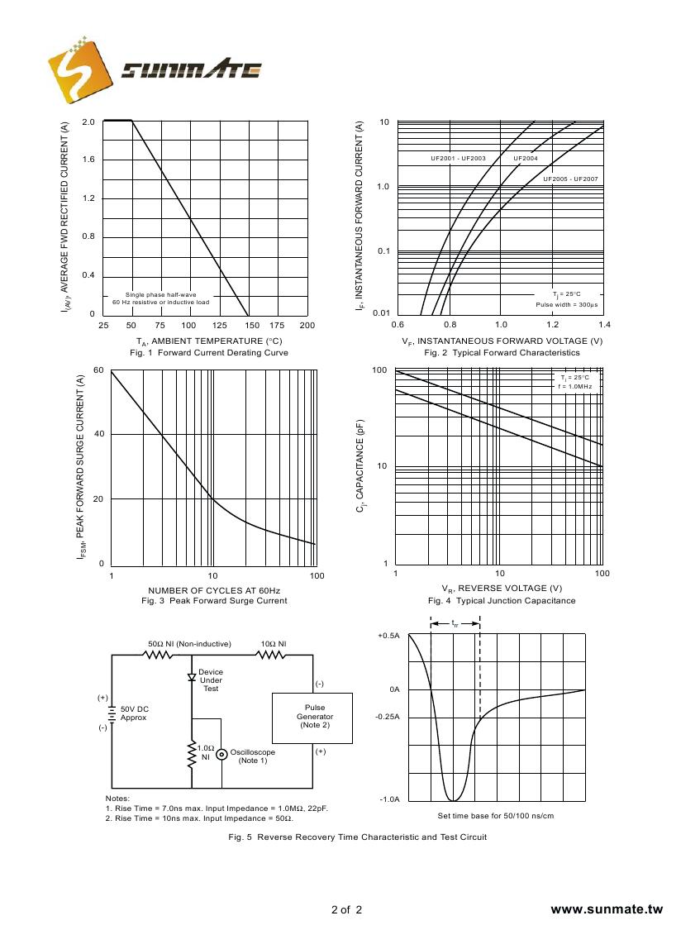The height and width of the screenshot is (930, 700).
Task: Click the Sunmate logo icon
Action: click(79, 69)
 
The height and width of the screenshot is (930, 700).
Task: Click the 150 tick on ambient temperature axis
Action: click(252, 325)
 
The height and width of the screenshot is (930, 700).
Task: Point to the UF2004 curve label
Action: click(526, 158)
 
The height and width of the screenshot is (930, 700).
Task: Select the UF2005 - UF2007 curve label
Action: click(570, 179)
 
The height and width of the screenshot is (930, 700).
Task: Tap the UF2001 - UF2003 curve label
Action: click(458, 158)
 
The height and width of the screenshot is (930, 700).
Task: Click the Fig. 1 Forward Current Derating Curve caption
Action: click(209, 353)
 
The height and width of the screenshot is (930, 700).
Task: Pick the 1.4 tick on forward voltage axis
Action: click(604, 325)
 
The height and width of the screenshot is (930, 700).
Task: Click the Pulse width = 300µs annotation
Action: click(567, 305)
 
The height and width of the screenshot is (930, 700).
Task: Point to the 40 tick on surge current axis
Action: click(98, 434)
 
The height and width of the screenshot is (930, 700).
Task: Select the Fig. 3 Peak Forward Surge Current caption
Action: click(214, 601)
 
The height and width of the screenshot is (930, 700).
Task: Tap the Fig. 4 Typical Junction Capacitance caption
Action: click(502, 601)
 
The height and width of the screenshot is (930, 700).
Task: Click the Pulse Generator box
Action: click(312, 717)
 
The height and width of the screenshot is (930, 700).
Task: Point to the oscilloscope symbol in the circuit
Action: click(221, 753)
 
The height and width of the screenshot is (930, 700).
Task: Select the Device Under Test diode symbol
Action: click(192, 677)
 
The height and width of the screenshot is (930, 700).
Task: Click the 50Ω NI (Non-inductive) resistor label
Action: click(189, 644)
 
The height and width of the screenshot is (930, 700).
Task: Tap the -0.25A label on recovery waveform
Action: click(388, 718)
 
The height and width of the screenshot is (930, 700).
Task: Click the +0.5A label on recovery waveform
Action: click(388, 636)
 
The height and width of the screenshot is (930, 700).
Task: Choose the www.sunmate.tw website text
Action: click(607, 910)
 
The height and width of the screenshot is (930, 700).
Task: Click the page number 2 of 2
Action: click(346, 910)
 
